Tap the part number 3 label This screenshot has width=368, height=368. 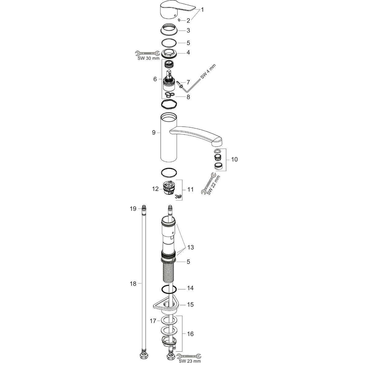(188, 30)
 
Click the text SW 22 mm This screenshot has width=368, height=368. (214, 184)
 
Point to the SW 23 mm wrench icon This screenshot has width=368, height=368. (188, 356)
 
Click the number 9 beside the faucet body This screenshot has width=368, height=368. (154, 133)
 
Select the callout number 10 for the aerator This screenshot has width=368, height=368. (234, 159)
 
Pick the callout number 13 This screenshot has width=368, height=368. (190, 247)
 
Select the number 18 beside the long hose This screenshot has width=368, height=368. (133, 284)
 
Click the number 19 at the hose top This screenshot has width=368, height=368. (132, 209)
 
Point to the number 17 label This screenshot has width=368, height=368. (153, 321)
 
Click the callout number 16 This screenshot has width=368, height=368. (190, 334)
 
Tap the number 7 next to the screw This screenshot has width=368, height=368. (188, 82)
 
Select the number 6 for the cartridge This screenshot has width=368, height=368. (155, 79)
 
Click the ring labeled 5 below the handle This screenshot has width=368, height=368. (168, 42)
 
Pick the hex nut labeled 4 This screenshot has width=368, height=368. (168, 53)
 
